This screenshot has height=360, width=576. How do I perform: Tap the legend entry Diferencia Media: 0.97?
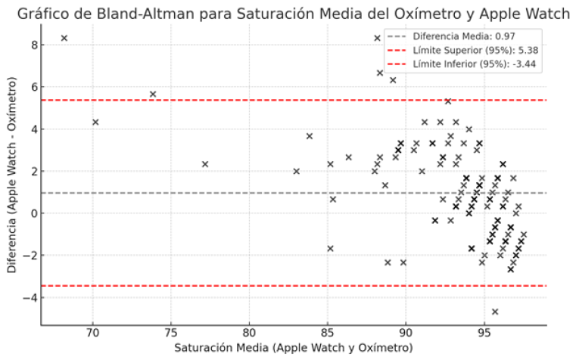[x=462, y=36]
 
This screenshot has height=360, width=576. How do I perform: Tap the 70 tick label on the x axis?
[x=92, y=334]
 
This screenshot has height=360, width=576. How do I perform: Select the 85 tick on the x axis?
[x=327, y=334]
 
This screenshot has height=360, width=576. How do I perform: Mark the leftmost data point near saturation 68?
[x=64, y=38]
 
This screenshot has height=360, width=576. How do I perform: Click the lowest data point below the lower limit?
[x=495, y=312]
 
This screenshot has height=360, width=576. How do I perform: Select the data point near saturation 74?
[x=153, y=95]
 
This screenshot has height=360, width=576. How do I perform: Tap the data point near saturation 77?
[x=204, y=164]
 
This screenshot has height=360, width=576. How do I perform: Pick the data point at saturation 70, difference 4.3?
[x=95, y=122]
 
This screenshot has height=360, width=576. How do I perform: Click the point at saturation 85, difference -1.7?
[x=330, y=248]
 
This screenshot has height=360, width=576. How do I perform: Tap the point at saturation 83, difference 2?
[x=296, y=171]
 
